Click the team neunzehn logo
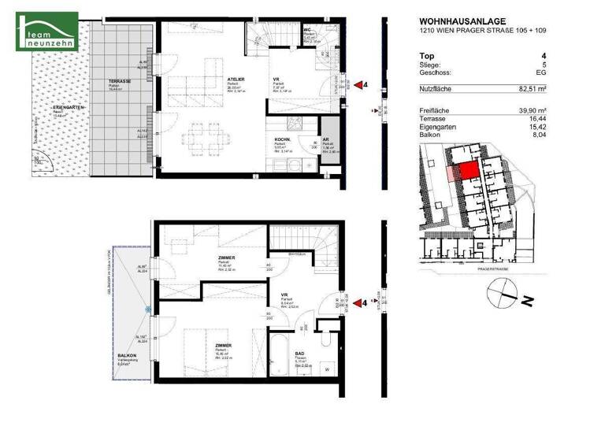(x=46, y=31)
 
